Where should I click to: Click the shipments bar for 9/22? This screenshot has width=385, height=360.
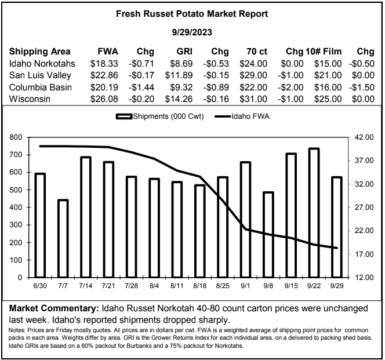314,213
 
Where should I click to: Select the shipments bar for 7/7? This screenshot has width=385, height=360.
63,239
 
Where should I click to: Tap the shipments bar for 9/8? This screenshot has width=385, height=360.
268,235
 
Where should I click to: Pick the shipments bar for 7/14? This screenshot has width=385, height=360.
86,217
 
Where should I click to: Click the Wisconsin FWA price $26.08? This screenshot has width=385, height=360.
104,99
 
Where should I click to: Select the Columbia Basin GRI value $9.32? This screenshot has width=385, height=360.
181,88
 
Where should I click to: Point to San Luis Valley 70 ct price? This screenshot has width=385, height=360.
253,75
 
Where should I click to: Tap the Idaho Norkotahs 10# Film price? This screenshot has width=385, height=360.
328,64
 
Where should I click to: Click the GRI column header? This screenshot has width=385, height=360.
184,52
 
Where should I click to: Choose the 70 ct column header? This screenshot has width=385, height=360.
257,52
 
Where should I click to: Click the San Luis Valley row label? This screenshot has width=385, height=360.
40,75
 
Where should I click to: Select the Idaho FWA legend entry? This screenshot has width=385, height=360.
242,116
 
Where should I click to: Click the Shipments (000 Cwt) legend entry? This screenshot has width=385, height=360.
160,116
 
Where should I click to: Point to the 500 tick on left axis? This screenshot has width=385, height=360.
16,190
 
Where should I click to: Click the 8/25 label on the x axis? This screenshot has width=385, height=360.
223,286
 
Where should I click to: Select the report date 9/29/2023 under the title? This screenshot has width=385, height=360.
192,32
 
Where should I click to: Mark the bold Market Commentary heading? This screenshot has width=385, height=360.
54,308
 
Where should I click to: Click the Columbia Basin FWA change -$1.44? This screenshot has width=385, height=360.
141,88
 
